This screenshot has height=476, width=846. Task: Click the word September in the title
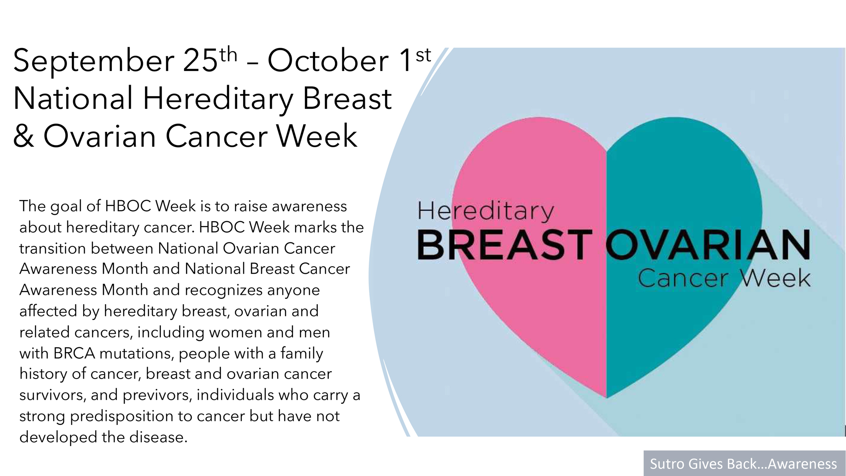tap(94, 61)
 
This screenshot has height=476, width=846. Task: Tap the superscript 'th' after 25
tap(228, 55)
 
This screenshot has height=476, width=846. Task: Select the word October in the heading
tap(328, 60)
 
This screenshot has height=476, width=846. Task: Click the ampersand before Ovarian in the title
tap(23, 136)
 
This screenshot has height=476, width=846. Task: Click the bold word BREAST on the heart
tap(505, 245)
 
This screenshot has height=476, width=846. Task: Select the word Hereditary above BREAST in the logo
tap(486, 211)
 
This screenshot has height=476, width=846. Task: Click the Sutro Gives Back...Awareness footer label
tap(743, 464)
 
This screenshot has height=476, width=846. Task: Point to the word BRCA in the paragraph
tap(74, 353)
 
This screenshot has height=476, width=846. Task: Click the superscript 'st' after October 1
tap(423, 55)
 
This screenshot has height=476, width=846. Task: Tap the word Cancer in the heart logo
tap(683, 279)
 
